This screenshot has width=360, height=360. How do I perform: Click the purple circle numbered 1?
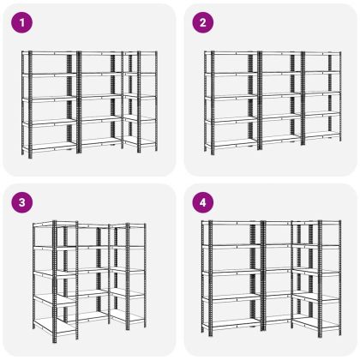[x=22, y=22]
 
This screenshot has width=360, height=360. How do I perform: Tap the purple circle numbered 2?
[x=203, y=22]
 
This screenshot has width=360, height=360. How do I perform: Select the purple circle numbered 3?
[x=22, y=202]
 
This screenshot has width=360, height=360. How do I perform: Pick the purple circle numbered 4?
[x=203, y=202]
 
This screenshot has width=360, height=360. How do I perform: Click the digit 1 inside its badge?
[x=22, y=22]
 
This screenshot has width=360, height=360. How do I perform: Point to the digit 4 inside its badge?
[x=203, y=202]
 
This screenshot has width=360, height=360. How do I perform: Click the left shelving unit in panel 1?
[x=50, y=104]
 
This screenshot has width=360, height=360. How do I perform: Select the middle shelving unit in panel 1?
[x=100, y=101]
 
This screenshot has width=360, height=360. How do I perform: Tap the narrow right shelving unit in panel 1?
[x=140, y=101]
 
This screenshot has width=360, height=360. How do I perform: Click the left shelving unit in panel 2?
[x=231, y=103]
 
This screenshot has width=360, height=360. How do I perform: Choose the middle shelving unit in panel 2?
[x=281, y=100]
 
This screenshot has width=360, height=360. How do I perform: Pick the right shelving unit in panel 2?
[x=322, y=98]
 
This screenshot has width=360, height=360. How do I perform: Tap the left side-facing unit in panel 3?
[x=55, y=281]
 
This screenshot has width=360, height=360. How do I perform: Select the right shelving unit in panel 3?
[x=128, y=276]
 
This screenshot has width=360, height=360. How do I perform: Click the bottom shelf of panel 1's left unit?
[x=51, y=147]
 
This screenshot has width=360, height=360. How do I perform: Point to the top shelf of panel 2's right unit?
[x=322, y=53]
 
